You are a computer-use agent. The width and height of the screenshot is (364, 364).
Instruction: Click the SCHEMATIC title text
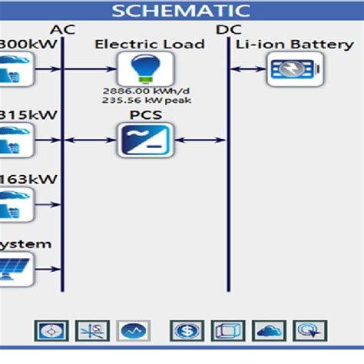(181, 10)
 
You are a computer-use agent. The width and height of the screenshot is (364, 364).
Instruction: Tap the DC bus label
(228, 29)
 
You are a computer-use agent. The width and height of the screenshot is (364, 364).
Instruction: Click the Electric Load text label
(149, 45)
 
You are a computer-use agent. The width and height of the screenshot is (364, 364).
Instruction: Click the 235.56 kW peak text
(147, 100)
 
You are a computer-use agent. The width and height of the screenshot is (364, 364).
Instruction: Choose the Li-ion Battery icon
(290, 70)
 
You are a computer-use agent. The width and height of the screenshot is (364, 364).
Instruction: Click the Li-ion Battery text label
(294, 45)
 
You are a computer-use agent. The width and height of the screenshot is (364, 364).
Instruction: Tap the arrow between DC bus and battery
(247, 70)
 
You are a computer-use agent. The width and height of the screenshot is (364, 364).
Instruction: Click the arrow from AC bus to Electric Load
(89, 70)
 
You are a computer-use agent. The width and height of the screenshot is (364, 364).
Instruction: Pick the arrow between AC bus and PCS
(89, 140)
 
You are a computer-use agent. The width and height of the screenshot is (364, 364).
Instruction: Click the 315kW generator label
(18, 115)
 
